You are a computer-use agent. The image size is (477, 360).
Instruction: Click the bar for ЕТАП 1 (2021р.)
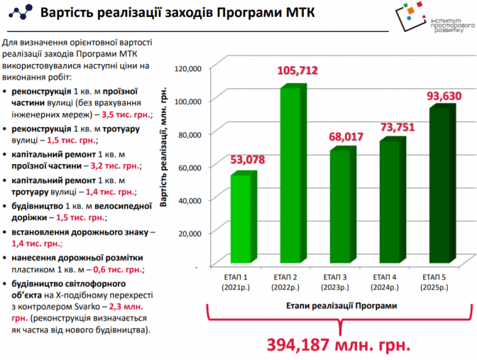pos(240,220)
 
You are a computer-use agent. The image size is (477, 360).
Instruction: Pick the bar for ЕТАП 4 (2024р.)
pos(389,202)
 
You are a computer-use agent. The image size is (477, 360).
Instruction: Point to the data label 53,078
pos(247,159)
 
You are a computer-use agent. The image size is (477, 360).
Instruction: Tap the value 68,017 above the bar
pos(346,136)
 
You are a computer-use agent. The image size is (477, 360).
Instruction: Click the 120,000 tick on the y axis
pos(188,68)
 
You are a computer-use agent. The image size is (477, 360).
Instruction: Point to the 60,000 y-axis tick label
pos(190,167)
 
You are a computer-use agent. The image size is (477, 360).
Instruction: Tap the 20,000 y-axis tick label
pos(190,233)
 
